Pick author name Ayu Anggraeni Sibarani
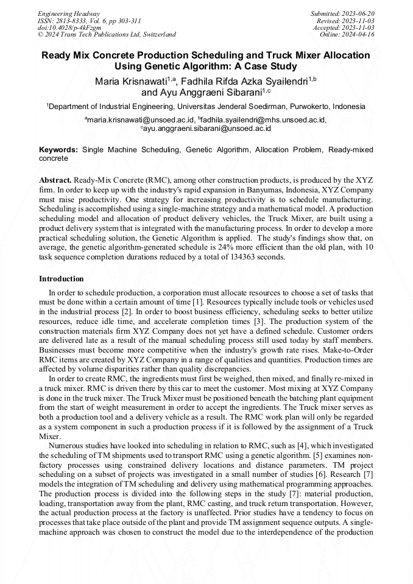(210, 93)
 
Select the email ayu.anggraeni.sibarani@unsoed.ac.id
(207, 128)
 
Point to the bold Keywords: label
(58, 149)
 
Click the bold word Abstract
(55, 181)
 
